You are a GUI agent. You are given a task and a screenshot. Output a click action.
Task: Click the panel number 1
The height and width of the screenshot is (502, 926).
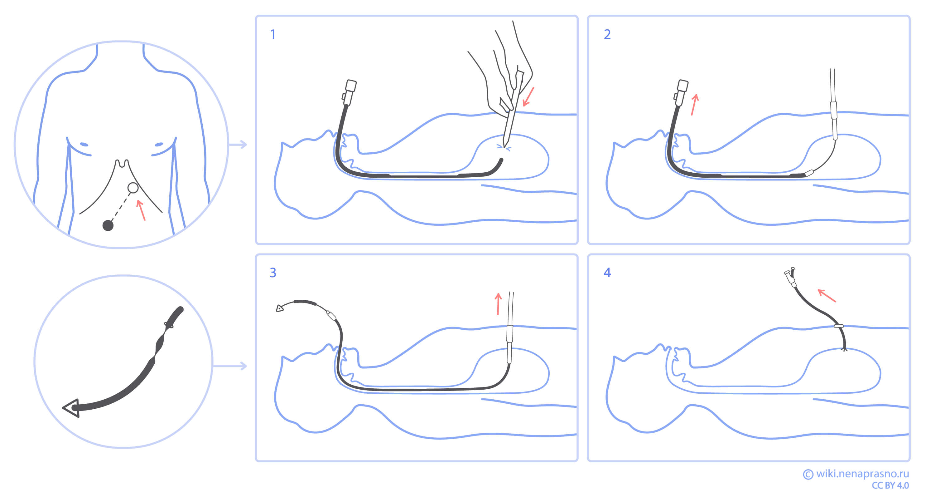tap(273, 35)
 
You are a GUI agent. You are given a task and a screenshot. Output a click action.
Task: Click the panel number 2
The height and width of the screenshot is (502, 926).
tap(607, 35)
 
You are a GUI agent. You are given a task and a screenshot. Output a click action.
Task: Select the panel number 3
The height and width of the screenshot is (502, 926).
tap(273, 273)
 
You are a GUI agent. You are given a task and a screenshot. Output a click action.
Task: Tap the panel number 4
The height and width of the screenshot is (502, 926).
tap(607, 273)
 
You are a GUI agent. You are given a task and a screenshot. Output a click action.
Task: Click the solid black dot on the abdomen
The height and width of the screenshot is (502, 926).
tap(108, 226)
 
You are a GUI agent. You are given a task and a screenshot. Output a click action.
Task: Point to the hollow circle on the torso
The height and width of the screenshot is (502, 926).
tap(133, 188)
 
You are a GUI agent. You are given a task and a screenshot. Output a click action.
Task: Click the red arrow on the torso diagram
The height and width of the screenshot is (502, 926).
tap(141, 210)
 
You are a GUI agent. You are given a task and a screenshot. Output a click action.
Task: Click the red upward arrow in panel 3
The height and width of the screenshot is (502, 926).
tap(498, 304)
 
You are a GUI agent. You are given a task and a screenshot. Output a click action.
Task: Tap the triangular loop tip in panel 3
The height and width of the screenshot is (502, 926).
tap(280, 308)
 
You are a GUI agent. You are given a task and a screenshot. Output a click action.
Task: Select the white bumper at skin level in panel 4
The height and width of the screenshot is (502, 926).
tap(839, 326)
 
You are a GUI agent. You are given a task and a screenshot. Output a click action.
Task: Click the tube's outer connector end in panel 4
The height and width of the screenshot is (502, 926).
tap(790, 276)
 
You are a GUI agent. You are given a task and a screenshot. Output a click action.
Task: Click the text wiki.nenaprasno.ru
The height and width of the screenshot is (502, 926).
tap(862, 474)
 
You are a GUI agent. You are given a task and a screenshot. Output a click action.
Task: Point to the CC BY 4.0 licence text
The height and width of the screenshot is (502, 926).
tap(890, 485)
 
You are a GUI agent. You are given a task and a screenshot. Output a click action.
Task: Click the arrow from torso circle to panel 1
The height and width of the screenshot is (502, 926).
tap(238, 145)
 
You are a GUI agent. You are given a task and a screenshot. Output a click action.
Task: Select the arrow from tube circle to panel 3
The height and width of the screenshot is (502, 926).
tap(230, 366)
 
